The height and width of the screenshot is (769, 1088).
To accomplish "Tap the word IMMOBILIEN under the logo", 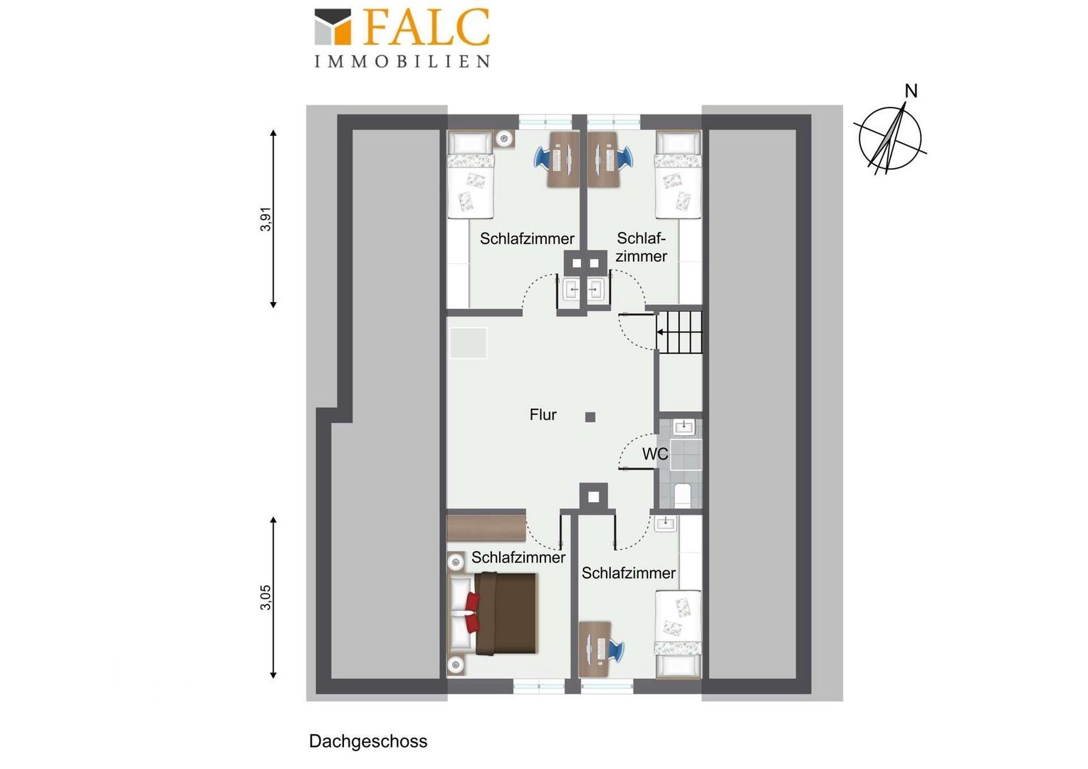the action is pos(402,61).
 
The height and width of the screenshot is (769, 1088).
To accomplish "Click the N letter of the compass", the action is pos(911,91).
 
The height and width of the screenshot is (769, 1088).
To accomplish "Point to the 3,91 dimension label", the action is pos(266,219).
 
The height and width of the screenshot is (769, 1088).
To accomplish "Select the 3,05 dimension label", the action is pos(266,597).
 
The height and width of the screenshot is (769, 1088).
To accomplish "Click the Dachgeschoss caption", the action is pos(368,741).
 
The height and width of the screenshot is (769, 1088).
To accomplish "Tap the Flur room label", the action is pos(543,414).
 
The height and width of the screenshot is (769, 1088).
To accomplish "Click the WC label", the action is pos(655,454).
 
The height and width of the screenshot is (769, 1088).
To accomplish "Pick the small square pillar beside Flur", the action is pos(590,417).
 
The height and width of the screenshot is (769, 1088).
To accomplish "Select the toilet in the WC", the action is pos(683,495).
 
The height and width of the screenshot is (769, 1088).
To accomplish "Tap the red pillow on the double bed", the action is pos(472,613).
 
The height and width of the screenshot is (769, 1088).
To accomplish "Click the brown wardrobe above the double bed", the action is pos(486,528).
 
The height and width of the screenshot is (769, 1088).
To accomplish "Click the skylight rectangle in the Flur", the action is pos(469,343).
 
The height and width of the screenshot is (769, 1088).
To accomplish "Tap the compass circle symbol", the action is pos(890,138).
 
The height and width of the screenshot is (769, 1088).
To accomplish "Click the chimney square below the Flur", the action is pos(594,498).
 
